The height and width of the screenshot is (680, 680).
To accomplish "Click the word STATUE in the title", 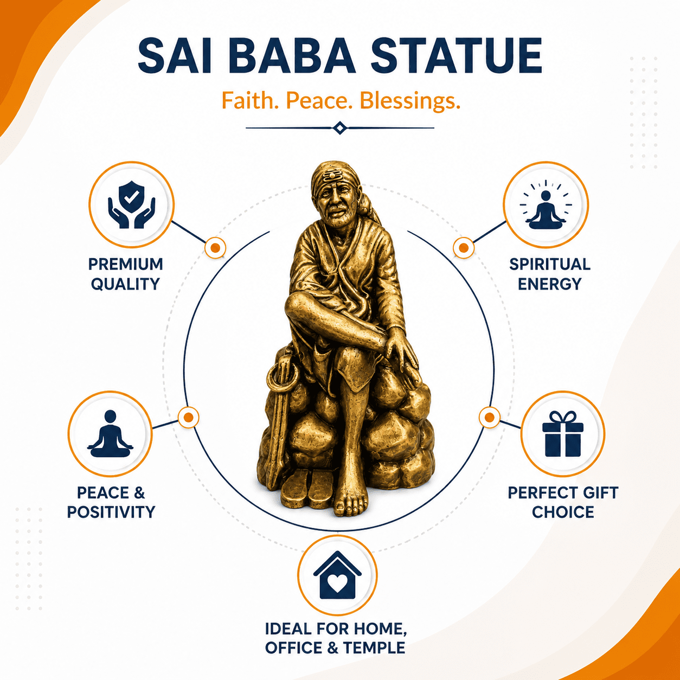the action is pos(456,56).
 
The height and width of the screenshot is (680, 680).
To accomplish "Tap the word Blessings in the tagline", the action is pos(410,100).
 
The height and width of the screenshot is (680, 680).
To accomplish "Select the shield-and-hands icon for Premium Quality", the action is pos(132,204).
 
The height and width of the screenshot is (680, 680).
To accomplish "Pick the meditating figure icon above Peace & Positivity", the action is pos(110,434).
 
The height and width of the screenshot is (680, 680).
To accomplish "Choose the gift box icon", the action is pos(563,434).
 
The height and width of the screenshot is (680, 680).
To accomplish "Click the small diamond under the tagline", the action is pos(340,128).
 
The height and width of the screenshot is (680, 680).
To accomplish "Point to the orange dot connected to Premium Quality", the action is pos(215,248).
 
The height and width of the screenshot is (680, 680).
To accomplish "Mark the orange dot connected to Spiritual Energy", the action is pos(464,248).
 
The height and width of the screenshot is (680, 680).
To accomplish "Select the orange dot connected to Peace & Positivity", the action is pos(189,418).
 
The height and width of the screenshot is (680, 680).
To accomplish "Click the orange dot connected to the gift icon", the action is pos(490,418).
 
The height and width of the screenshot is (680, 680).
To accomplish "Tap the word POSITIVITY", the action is pos(111,512).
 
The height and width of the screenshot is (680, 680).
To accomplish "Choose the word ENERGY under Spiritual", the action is pos(549,284).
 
